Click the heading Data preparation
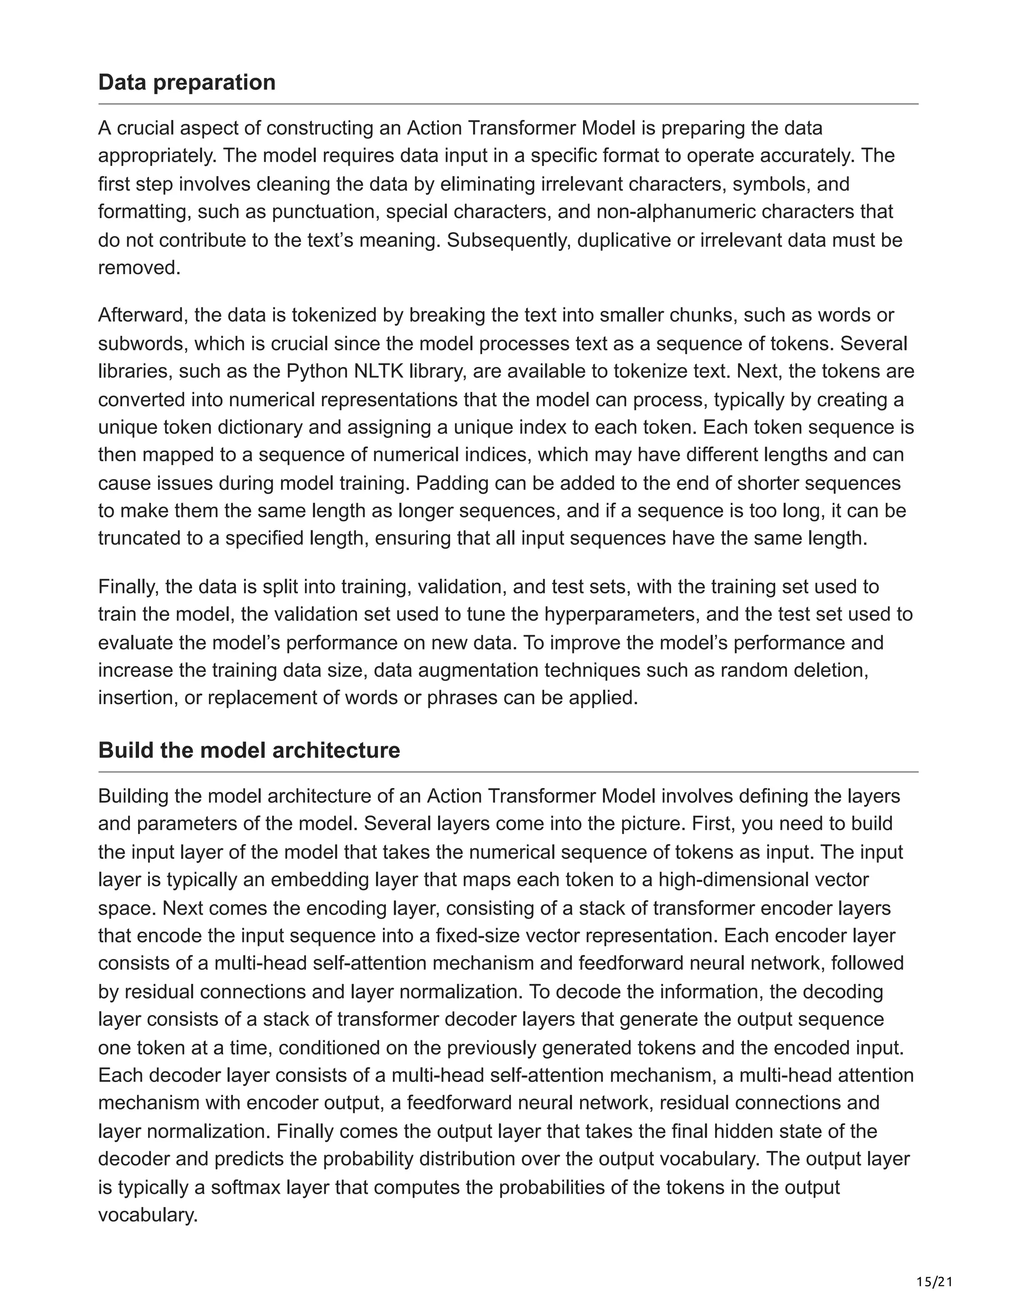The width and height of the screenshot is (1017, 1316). point(187,82)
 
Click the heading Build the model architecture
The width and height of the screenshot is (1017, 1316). point(249,750)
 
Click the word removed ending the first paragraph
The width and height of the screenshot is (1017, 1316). point(138,268)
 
